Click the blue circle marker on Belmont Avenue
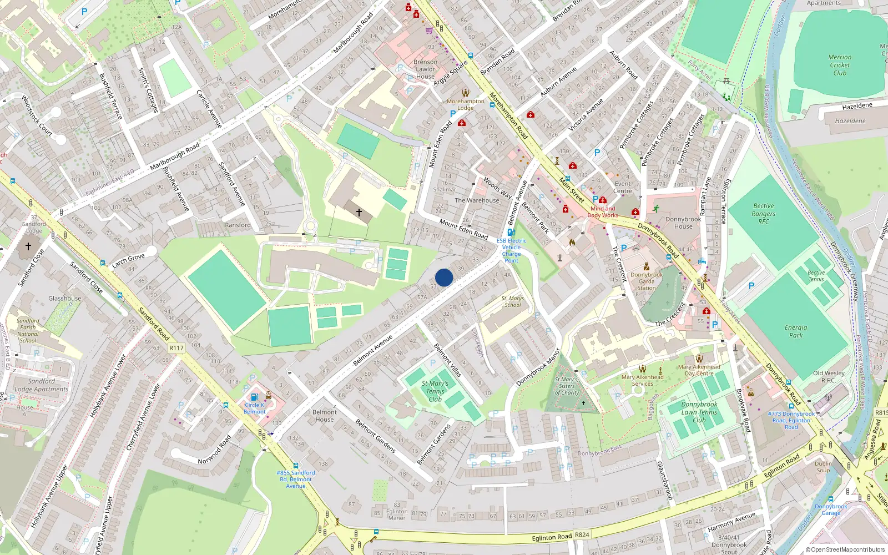(x=444, y=277)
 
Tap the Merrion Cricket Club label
(x=840, y=65)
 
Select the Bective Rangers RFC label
(x=764, y=214)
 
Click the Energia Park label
(x=796, y=331)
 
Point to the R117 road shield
(x=176, y=348)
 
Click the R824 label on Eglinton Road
(x=582, y=535)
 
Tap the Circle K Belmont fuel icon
(x=254, y=397)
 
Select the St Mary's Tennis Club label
(x=435, y=391)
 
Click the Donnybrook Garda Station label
(x=647, y=281)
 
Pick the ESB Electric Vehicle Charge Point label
(x=512, y=250)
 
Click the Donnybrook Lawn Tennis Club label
(x=699, y=412)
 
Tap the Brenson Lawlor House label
(x=426, y=69)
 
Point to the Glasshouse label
(x=64, y=299)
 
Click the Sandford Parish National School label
(x=28, y=331)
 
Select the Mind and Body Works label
(x=603, y=212)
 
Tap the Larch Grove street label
(x=128, y=260)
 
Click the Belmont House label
(x=325, y=416)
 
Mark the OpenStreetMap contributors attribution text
(x=845, y=550)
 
